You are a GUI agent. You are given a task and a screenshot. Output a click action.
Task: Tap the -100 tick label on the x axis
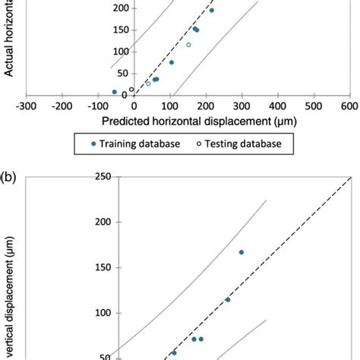(x=99, y=107)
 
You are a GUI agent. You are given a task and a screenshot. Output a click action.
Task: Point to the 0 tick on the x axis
(x=134, y=107)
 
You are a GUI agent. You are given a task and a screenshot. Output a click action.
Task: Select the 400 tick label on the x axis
(x=278, y=107)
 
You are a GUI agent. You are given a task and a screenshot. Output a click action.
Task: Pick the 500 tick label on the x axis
(x=314, y=107)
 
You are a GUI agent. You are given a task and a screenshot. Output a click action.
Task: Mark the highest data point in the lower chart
(x=242, y=252)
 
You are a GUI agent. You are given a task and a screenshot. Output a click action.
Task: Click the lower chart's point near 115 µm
(x=227, y=299)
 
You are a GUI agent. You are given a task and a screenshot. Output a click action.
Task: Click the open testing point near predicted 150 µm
(x=188, y=45)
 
